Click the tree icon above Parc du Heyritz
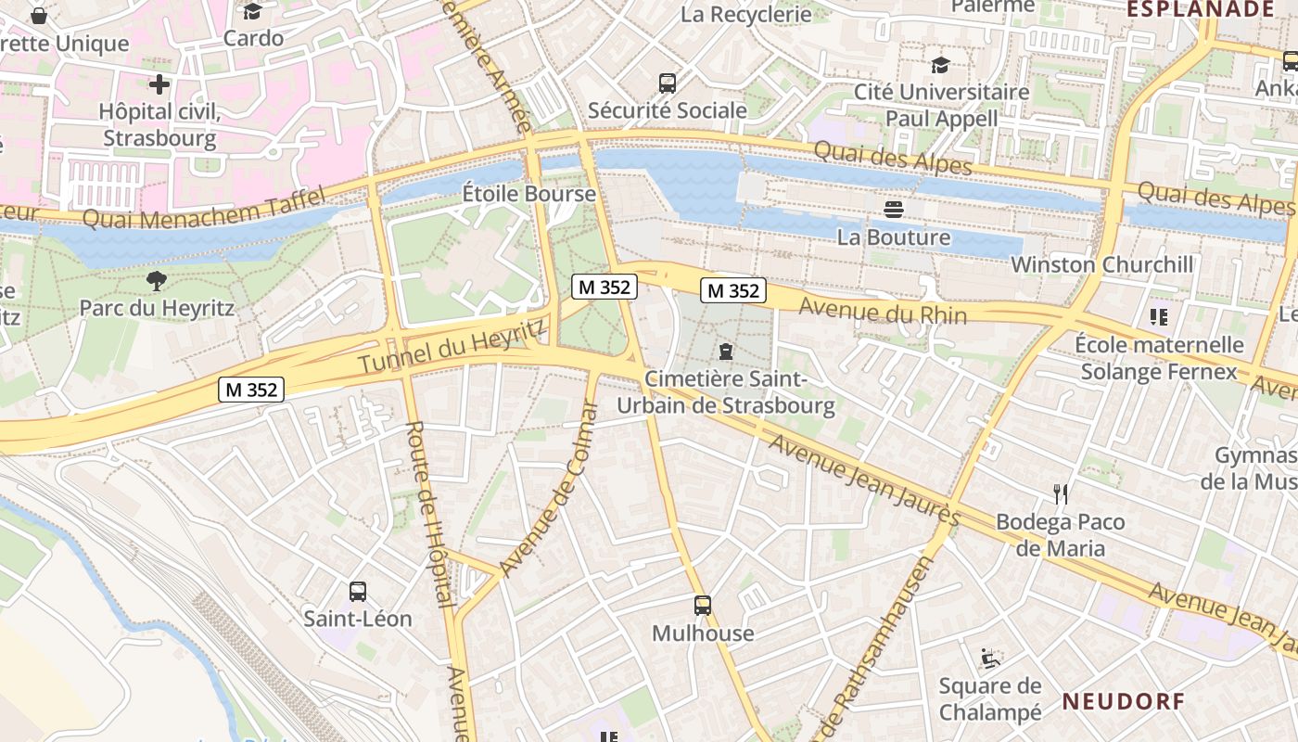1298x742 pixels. coord(157,280)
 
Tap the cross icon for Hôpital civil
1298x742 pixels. coord(159,84)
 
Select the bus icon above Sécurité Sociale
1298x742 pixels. coord(668,83)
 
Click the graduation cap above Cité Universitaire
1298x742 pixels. coord(941,65)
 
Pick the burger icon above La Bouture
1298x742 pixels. coord(894,210)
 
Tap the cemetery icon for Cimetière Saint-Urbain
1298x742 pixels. coord(725,352)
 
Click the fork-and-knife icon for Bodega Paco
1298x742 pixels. coord(1061,493)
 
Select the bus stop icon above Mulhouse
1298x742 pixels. coord(703,606)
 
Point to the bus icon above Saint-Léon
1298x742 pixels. coord(358,591)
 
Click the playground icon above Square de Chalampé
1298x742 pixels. coord(990,659)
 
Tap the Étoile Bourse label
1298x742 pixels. coord(529,194)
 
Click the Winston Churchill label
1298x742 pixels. coord(1101,264)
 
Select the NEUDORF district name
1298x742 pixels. coord(1124,701)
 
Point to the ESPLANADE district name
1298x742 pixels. coord(1200,9)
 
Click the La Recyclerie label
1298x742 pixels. coord(745,14)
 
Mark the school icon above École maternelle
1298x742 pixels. coord(1158,317)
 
